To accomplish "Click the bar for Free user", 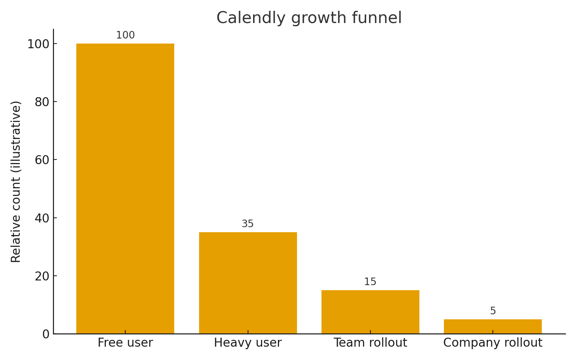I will point(125,189).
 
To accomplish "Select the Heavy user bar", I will point(248,283).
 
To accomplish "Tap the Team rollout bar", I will point(370,312).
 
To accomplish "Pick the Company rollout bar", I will point(492,326).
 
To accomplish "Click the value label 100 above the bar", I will point(125,35).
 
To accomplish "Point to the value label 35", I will point(248,224).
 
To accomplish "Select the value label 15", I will point(370,282).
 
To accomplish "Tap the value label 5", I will point(493,311).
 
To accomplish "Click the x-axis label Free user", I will point(125,343).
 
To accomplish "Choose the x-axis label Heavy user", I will point(248,343).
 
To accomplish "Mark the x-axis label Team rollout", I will point(370,343).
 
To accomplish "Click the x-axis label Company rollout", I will point(492,343).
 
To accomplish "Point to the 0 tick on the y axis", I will point(46,334).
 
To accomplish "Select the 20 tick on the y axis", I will point(42,276).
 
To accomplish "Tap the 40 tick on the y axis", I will point(42,218).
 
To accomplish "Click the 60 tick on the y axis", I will point(42,160).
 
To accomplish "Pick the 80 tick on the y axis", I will point(42,102).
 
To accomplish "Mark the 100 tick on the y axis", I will point(39,44).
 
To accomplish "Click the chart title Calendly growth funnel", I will point(309,18).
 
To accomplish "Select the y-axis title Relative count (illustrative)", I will point(16,181).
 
